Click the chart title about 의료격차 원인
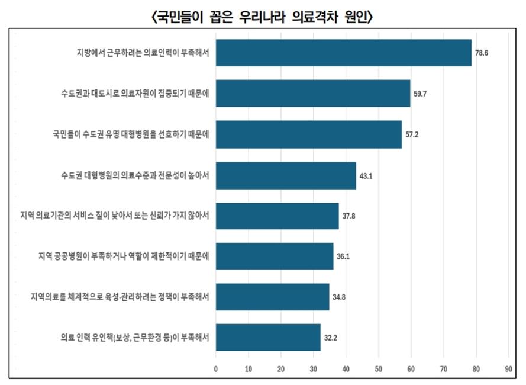263,17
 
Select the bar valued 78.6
343,53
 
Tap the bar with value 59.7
312,93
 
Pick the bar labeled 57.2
308,134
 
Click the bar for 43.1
285,175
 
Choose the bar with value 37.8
277,216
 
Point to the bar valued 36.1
274,256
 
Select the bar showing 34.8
272,297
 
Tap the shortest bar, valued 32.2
267,338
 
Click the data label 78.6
481,53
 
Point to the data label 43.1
366,175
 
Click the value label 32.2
330,338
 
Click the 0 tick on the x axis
215,368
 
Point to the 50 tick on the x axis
378,368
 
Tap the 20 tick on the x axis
280,368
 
